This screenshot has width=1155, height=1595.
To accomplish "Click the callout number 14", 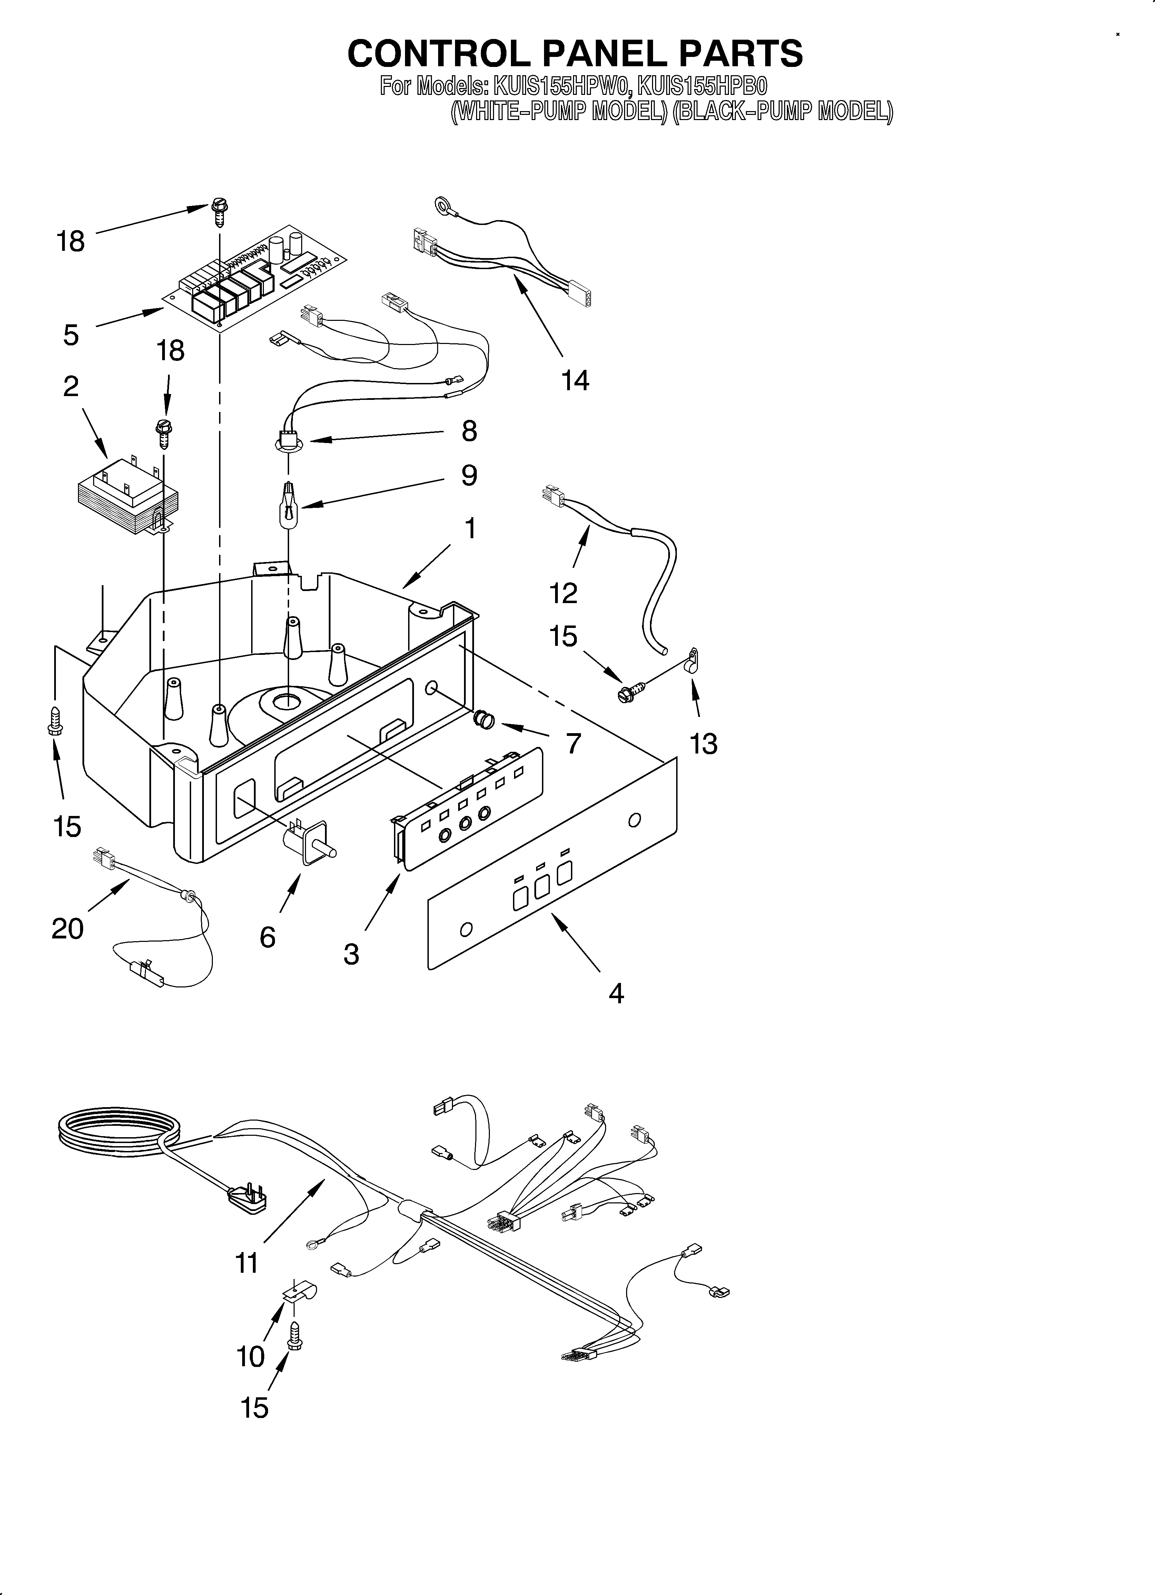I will (575, 381).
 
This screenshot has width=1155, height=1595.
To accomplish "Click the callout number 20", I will (68, 928).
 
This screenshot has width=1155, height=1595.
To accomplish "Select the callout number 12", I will (563, 593).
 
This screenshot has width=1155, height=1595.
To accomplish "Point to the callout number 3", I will (351, 954).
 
